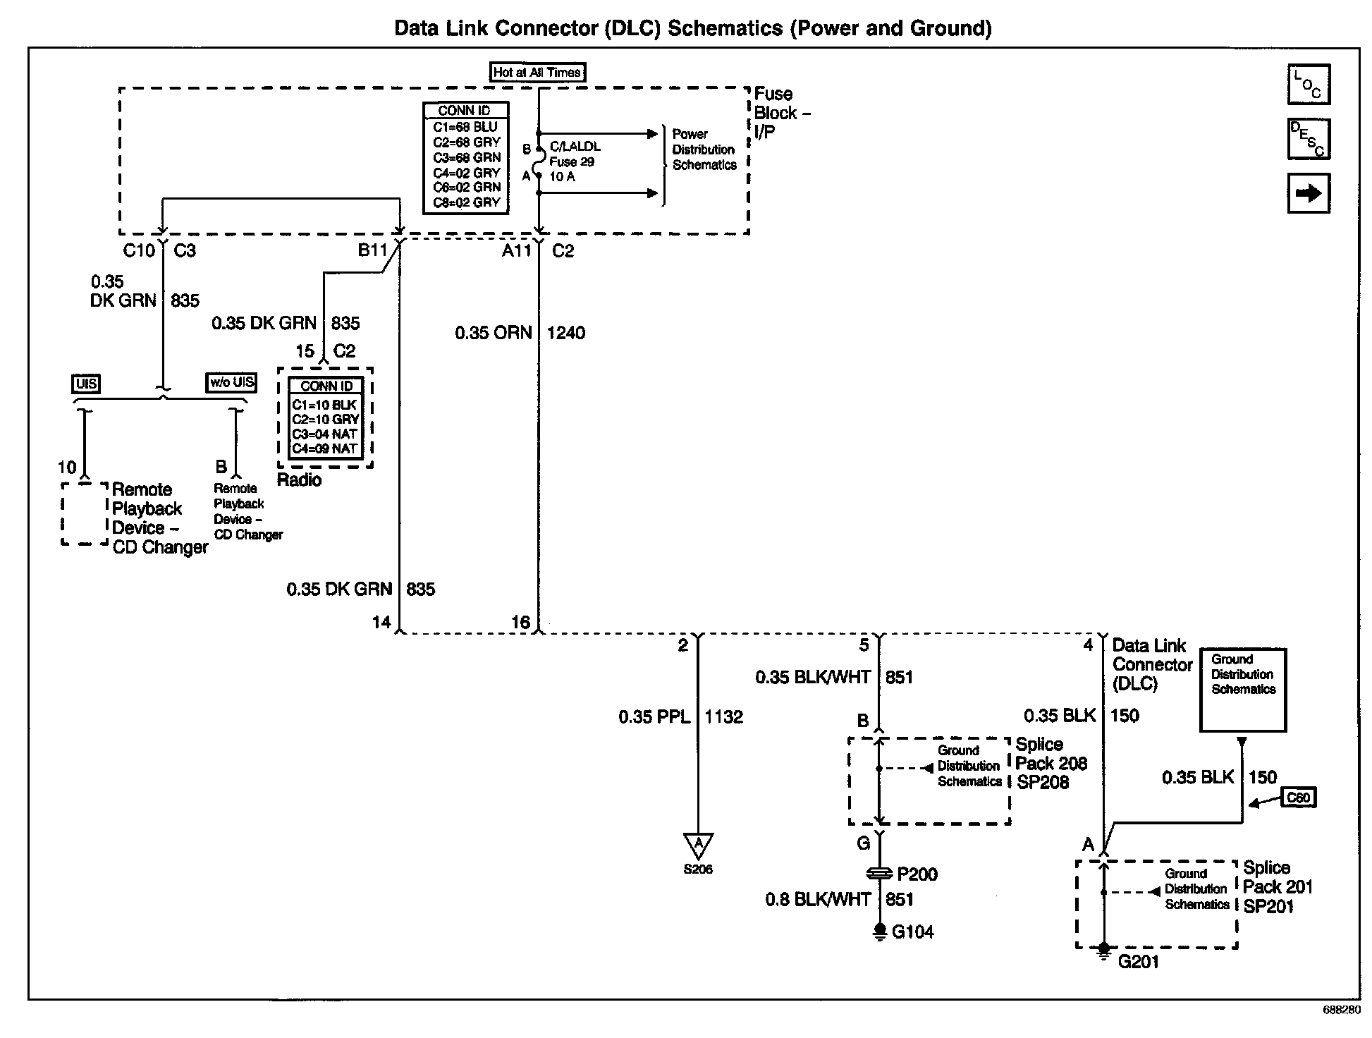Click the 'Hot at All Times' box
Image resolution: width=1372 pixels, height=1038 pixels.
[x=537, y=72]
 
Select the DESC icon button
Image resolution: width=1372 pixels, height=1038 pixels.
[x=1309, y=139]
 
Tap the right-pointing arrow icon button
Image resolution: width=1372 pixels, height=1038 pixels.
[x=1309, y=193]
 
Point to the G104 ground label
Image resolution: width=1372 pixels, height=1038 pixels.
[x=912, y=932]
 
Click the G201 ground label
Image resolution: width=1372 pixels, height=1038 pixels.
[x=1138, y=962]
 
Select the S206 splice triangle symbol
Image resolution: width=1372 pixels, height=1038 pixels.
[x=698, y=845]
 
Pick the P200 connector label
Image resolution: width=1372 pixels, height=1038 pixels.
[x=917, y=874]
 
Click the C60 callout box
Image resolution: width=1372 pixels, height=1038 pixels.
[x=1297, y=798]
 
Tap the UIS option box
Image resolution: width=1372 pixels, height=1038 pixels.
[x=86, y=384]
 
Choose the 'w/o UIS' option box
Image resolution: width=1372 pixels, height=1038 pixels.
[x=231, y=382]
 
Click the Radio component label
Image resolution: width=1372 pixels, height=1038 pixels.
[x=299, y=480]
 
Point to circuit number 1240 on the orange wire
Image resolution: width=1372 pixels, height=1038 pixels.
[x=565, y=333]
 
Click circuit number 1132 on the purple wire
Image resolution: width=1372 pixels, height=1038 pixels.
[x=723, y=717]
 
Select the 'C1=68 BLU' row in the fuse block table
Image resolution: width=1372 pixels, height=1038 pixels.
[x=465, y=127]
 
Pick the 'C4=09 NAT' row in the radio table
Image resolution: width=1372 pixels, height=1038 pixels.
[x=325, y=448]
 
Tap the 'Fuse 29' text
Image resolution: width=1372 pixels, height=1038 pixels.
[x=572, y=161]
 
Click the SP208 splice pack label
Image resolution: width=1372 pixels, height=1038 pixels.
[x=1042, y=783]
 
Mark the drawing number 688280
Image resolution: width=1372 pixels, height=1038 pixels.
[x=1342, y=1010]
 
